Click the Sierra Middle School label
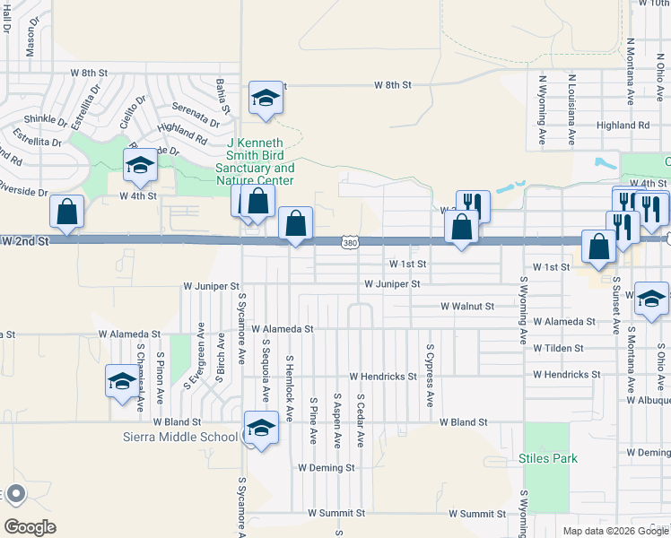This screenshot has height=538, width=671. point(180,437)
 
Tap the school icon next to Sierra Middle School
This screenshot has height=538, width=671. point(261,428)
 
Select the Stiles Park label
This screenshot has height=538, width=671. point(547,458)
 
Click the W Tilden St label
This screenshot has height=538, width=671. point(558,348)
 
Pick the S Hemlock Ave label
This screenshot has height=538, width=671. point(289,387)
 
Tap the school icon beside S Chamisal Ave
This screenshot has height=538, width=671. point(122,381)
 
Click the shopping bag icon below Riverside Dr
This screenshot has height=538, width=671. point(67,212)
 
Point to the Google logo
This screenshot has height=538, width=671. point(30,526)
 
